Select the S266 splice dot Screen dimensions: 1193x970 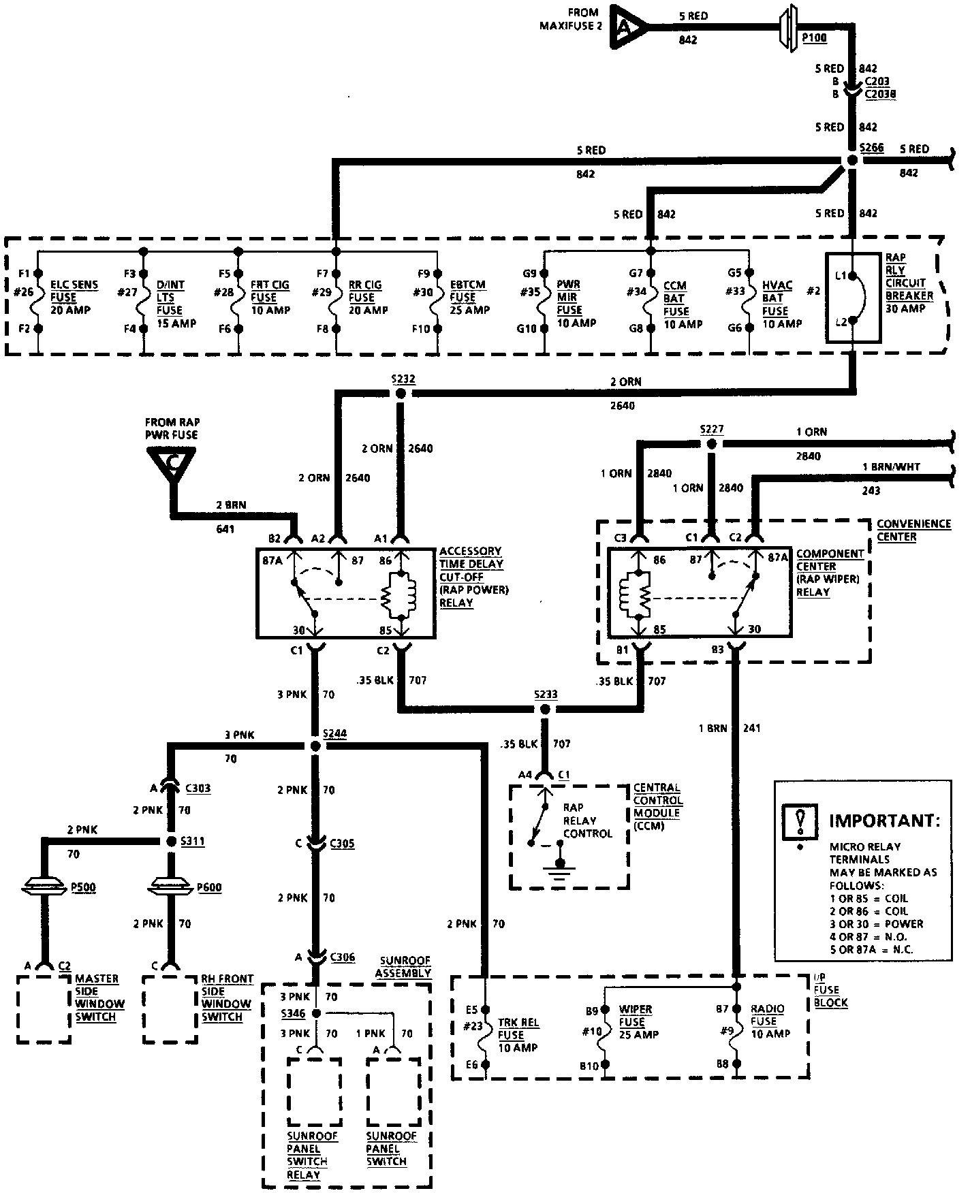pyautogui.click(x=851, y=159)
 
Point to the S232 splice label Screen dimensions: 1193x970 pyautogui.click(x=403, y=379)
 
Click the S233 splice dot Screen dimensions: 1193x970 pyautogui.click(x=544, y=710)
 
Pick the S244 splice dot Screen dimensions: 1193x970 pyautogui.click(x=315, y=746)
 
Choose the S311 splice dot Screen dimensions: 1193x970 pyautogui.click(x=172, y=842)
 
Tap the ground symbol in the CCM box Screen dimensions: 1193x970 pyautogui.click(x=559, y=870)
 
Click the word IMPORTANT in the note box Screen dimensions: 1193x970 pyautogui.click(x=883, y=820)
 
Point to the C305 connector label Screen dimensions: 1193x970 pyautogui.click(x=342, y=844)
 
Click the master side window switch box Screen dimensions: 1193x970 pyautogui.click(x=44, y=1009)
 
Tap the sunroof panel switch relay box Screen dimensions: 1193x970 pyautogui.click(x=313, y=1092)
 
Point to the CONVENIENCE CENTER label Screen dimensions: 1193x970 pyautogui.click(x=913, y=530)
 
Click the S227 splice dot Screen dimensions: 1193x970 pyautogui.click(x=711, y=444)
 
